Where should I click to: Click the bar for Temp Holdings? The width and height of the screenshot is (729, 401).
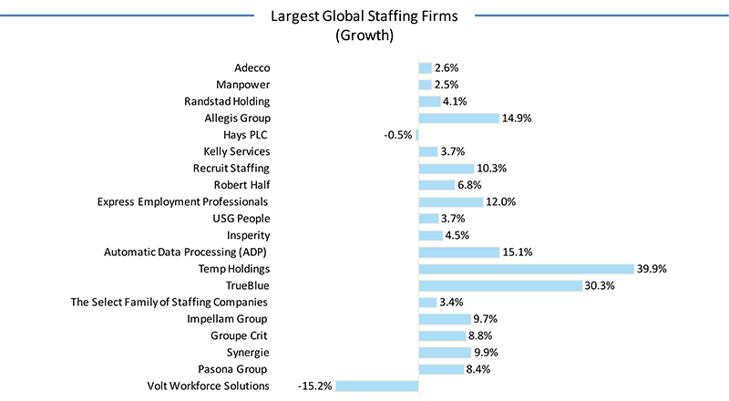tap(526, 269)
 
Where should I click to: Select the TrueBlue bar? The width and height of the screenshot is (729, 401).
tap(499, 285)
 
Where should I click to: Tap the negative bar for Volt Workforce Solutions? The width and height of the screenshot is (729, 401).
tap(376, 386)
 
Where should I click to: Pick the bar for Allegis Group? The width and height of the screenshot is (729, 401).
tap(458, 118)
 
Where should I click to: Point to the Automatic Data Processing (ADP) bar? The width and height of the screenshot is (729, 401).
tap(458, 252)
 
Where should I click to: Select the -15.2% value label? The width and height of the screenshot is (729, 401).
tap(314, 386)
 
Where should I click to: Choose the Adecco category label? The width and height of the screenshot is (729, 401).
tap(252, 68)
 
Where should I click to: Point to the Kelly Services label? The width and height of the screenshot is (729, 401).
tap(237, 151)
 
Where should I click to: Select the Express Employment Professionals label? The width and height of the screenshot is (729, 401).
tap(182, 201)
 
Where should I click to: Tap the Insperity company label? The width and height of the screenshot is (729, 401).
tap(246, 235)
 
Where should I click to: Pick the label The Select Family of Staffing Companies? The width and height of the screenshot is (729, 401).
tap(169, 302)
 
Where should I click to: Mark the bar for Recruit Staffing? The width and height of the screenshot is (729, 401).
tap(446, 169)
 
